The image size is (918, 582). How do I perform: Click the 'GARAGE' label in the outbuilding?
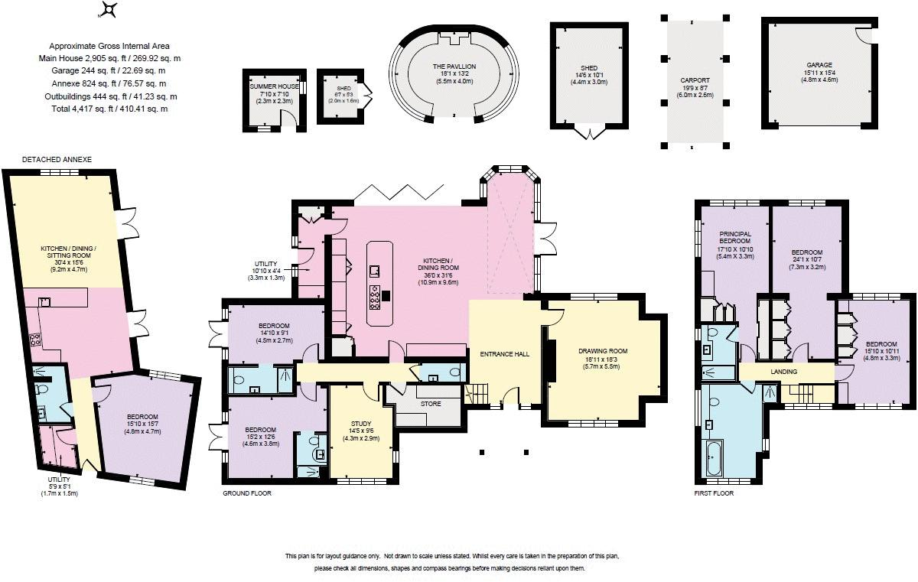pos(818,65)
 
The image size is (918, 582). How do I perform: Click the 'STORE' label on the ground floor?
pos(426,403)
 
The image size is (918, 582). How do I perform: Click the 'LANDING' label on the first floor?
pos(783,372)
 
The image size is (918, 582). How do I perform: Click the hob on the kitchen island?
pos(376,298)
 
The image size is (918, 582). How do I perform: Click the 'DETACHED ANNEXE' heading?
pos(57,159)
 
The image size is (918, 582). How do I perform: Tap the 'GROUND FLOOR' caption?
pos(246,493)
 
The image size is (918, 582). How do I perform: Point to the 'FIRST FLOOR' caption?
pos(713,493)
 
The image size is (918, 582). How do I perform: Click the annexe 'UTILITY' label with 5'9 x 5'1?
pos(57,480)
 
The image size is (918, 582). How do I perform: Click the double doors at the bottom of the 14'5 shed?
pos(588,135)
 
